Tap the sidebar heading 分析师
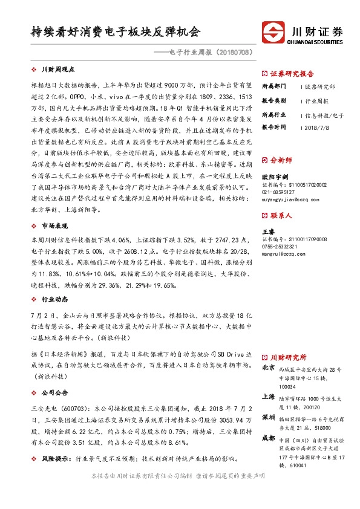[280, 160]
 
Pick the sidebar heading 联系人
[280, 215]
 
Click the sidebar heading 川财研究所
[288, 357]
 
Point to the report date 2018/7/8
[316, 128]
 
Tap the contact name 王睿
[267, 232]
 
